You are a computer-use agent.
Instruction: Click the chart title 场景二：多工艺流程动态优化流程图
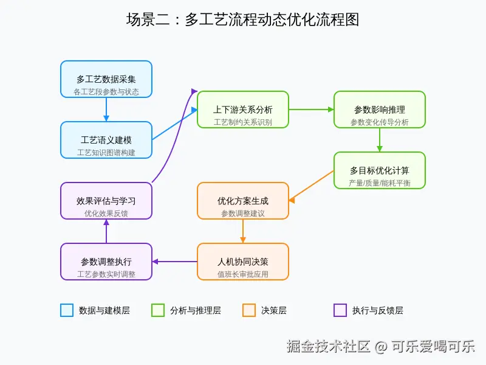[x=243, y=19]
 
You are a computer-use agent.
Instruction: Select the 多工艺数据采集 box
[x=106, y=79]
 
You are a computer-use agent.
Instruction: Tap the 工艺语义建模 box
[x=106, y=140]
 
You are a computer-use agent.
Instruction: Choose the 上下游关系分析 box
[x=243, y=109]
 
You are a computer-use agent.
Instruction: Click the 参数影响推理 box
[x=380, y=109]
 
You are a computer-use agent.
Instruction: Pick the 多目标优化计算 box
[x=380, y=170]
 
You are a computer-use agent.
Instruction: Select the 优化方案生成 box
[x=243, y=201]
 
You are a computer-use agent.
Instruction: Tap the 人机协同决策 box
[x=243, y=262]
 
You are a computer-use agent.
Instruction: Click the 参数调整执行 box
[x=106, y=262]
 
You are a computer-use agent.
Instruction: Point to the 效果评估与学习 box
[x=106, y=201]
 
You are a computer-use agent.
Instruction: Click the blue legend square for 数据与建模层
[x=67, y=310]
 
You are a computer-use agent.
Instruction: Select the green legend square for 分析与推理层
[x=158, y=310]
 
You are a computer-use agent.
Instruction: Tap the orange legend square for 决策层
[x=249, y=310]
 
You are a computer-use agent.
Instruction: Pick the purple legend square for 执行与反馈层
[x=340, y=310]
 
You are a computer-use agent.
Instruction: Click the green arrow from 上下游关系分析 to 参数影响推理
[x=311, y=109]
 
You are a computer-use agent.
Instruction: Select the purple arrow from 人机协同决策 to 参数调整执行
[x=175, y=262]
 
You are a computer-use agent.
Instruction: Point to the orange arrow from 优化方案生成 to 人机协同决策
[x=243, y=231]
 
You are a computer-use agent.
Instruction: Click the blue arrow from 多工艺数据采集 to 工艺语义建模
[x=106, y=109]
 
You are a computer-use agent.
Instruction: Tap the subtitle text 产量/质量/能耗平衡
[x=380, y=182]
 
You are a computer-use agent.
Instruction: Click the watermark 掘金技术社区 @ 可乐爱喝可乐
[x=381, y=347]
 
